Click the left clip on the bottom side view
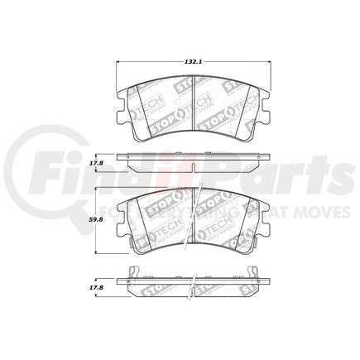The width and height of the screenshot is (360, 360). pos(133,271)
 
